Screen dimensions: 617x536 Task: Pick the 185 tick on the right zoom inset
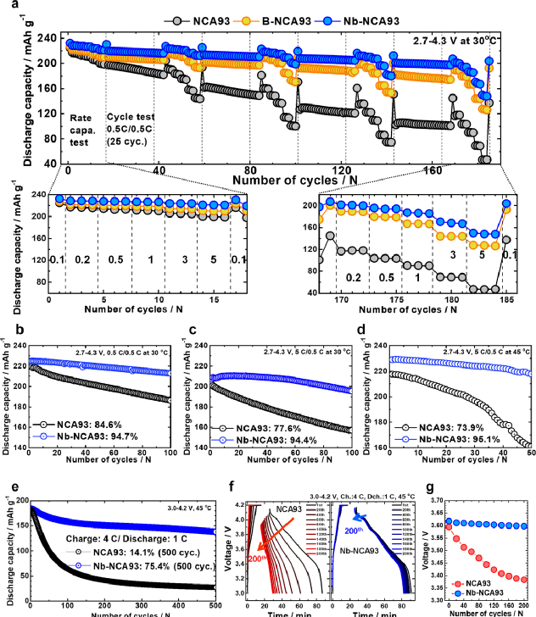pyautogui.click(x=506, y=299)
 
